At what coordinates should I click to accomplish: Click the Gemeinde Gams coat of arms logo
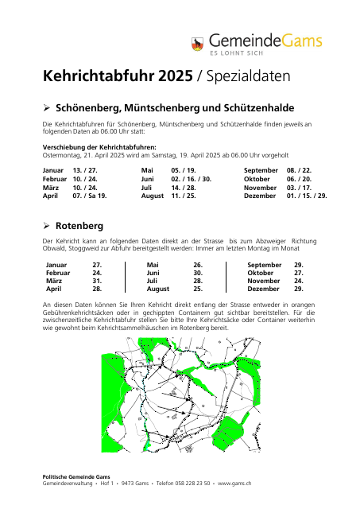tap(198, 44)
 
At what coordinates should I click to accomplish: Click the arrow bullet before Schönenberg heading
tap(46, 107)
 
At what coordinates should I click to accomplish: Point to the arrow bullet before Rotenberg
tap(46, 227)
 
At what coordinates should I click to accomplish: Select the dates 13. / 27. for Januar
tap(84, 170)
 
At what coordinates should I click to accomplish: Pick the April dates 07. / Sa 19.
tap(89, 195)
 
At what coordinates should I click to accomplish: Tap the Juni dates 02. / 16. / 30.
tap(191, 179)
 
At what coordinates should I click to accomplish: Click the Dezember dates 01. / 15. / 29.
tap(307, 195)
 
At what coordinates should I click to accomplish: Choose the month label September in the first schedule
tap(261, 170)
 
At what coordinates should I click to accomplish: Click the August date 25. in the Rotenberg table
tap(198, 289)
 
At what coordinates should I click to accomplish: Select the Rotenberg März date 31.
tap(97, 281)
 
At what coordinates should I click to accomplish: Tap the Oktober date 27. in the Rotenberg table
tap(299, 272)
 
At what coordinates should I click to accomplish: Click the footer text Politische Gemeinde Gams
tap(76, 476)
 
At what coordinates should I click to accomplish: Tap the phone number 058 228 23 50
tap(192, 483)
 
